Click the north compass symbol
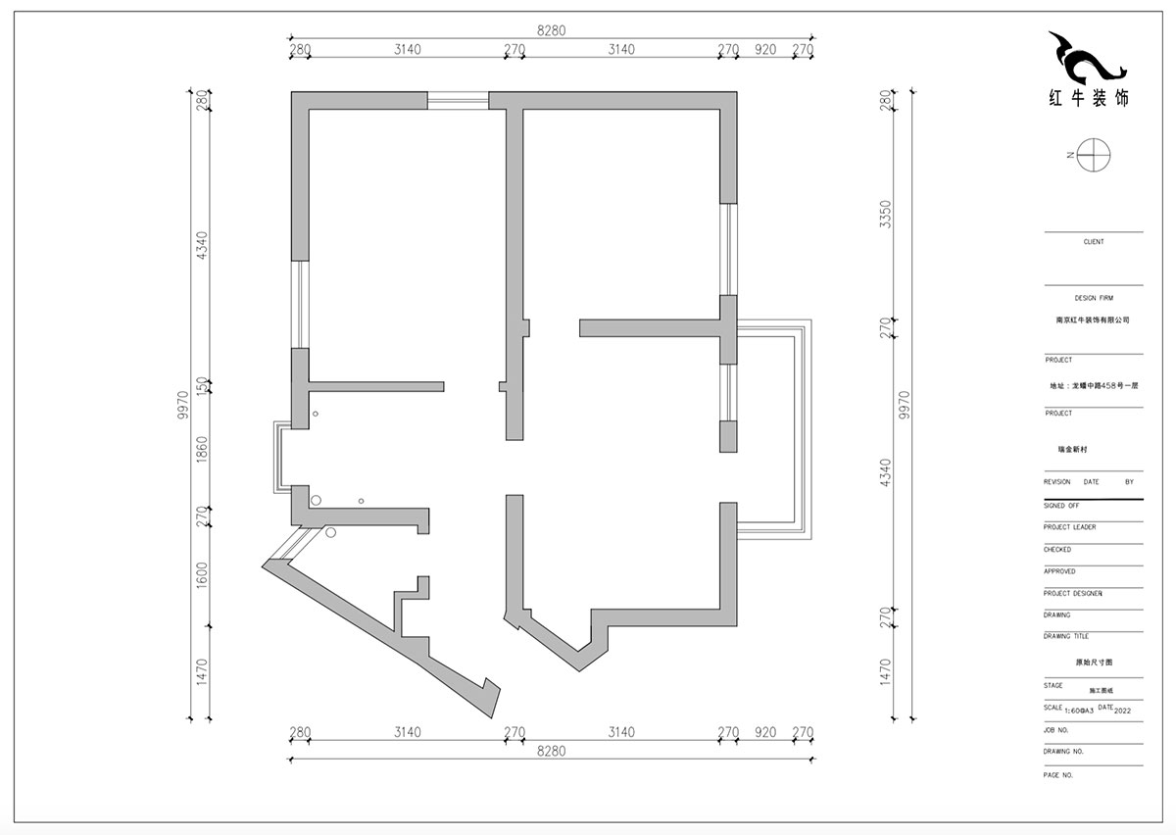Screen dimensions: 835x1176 1093,155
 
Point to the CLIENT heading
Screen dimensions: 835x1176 1093,241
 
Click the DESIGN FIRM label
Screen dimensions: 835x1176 1093,298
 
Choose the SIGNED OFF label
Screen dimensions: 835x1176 1061,506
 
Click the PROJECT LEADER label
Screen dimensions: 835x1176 1070,527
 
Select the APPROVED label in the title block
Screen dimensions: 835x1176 1059,571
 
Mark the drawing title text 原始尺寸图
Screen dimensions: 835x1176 1093,663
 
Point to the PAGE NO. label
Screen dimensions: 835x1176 1059,774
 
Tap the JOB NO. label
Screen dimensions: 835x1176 1056,730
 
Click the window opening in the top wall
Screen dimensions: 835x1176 458,98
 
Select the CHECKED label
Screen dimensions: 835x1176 1057,550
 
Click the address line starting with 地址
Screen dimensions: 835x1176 1093,386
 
